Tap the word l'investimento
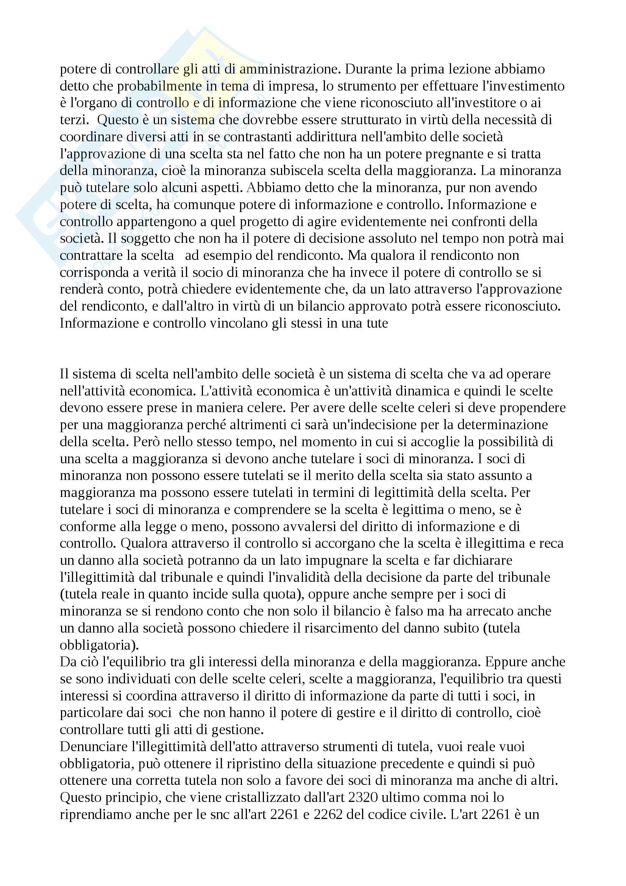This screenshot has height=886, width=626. tap(515, 86)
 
